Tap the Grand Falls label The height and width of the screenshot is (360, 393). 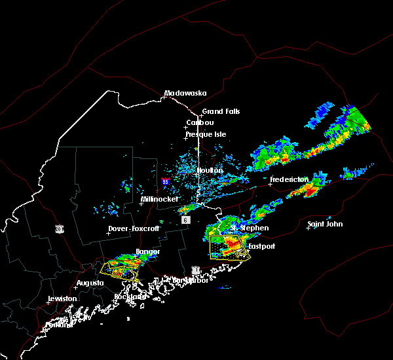[221, 111]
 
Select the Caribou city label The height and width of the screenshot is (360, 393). [200, 122]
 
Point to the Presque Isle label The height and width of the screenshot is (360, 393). [206, 134]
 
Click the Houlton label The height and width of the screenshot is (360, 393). [210, 170]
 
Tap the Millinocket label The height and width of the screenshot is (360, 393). [159, 199]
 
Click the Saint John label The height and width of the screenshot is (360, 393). [325, 224]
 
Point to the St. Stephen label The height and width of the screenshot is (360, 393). [249, 228]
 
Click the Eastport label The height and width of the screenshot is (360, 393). [262, 247]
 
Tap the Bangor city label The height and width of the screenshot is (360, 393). [147, 251]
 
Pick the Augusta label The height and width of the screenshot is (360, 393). [90, 283]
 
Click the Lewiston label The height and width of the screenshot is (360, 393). [62, 298]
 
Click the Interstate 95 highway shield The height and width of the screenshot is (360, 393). [166, 181]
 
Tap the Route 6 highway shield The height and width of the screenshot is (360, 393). [186, 220]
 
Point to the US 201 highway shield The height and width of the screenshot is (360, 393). [59, 228]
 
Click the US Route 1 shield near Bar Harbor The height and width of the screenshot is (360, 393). [195, 269]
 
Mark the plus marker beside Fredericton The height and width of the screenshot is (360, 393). [270, 184]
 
